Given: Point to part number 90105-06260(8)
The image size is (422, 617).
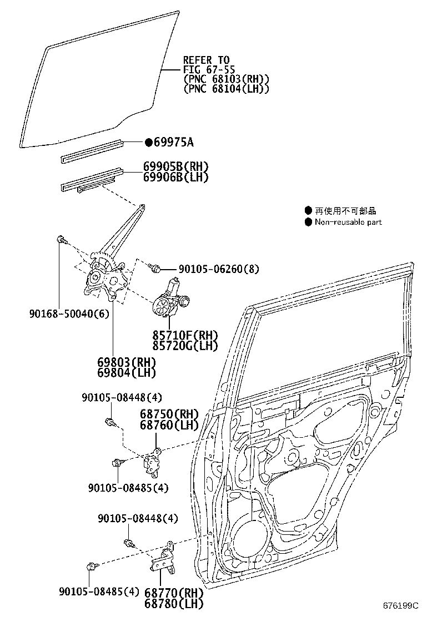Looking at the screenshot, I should (x=219, y=269).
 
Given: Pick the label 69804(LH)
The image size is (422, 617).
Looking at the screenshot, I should (x=127, y=373).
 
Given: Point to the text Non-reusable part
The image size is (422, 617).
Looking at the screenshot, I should (x=348, y=222).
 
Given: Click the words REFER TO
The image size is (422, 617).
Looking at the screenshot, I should (x=206, y=60).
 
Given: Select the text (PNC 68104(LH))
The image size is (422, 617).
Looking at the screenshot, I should (x=227, y=88).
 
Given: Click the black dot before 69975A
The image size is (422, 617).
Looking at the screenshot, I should (x=148, y=143).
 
